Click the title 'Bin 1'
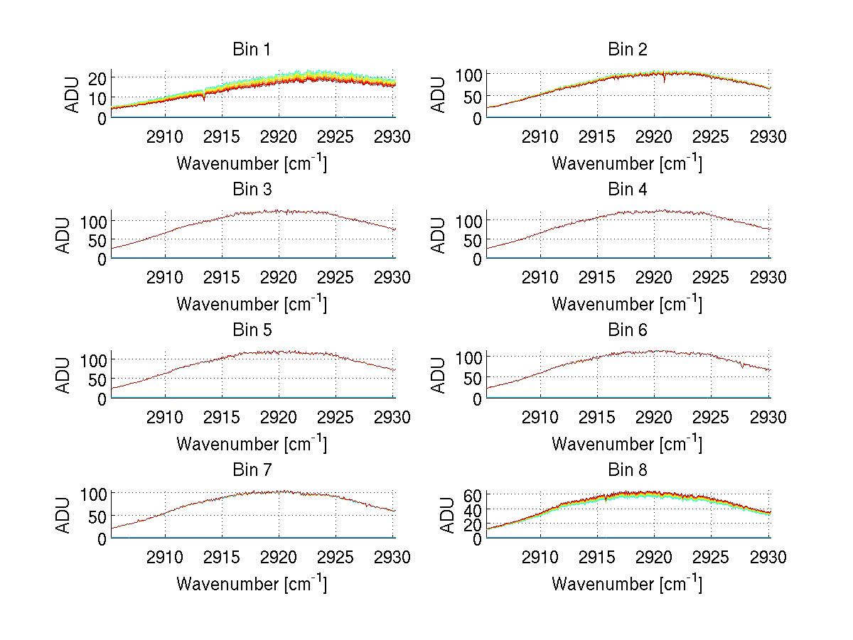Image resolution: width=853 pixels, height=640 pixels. point(252,50)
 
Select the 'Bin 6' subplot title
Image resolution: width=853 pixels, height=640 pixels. point(627,330)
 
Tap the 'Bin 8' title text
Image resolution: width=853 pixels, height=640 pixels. point(627,470)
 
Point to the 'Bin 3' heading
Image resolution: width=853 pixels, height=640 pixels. point(252,190)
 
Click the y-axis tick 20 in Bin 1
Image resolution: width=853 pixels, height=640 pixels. point(97,77)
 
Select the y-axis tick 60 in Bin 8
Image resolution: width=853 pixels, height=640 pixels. point(473,495)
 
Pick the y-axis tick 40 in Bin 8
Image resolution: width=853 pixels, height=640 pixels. point(473,509)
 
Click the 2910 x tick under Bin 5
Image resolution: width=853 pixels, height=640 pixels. point(165,417)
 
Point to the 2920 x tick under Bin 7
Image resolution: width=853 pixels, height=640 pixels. point(279,557)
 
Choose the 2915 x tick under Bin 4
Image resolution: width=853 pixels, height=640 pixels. point(597,277)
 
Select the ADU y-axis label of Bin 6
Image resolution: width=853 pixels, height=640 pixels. point(439,375)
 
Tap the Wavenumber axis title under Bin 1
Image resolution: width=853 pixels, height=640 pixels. point(252,163)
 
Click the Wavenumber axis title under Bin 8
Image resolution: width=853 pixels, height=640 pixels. point(627,584)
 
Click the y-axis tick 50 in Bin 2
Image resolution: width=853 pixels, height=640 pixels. point(473,97)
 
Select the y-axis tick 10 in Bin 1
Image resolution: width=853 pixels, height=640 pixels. point(97,97)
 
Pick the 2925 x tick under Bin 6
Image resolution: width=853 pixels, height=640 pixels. point(712,417)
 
